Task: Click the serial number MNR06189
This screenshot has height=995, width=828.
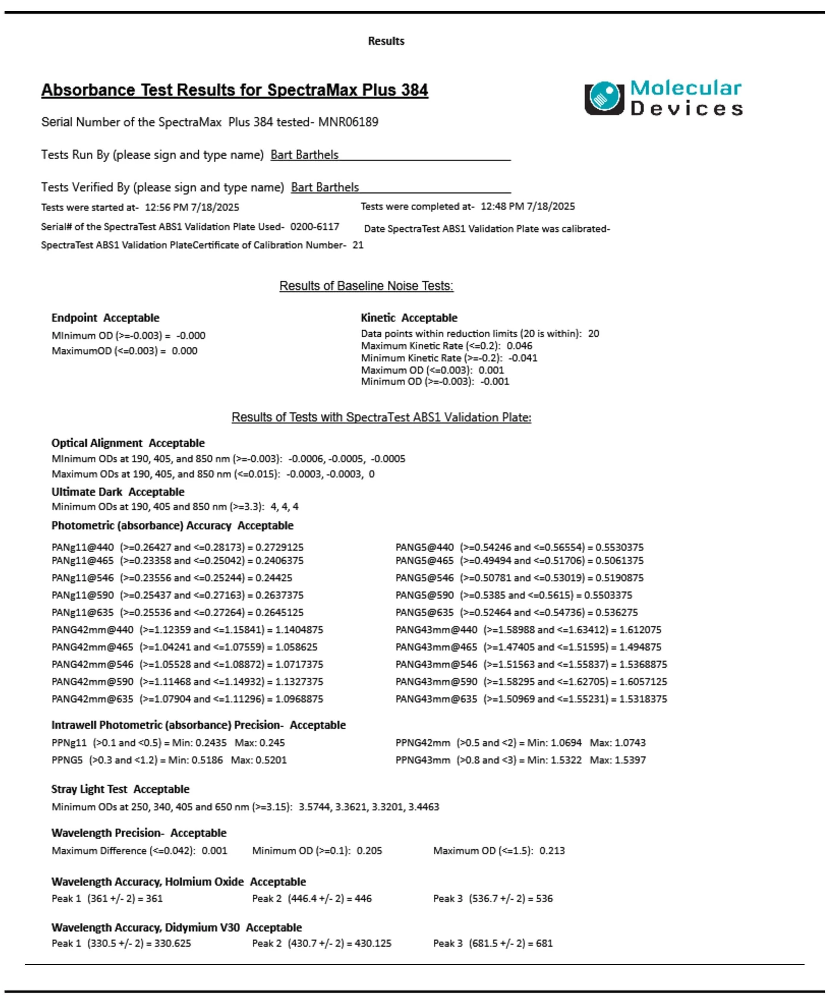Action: pos(348,122)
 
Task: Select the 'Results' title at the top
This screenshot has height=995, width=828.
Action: pos(386,41)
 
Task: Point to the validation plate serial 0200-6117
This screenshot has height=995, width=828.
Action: pos(314,227)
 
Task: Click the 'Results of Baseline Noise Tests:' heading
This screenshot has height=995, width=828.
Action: pos(366,286)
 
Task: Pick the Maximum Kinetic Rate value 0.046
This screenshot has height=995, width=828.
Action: pos(519,346)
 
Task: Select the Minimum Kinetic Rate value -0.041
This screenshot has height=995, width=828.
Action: pos(523,358)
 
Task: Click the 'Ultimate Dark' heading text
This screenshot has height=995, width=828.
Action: pos(87,492)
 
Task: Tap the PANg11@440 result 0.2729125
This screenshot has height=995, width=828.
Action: pos(279,547)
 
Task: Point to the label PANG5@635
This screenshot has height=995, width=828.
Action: pos(424,612)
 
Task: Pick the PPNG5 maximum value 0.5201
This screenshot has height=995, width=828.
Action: pos(271,760)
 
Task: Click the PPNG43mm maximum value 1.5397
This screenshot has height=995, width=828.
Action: pos(630,760)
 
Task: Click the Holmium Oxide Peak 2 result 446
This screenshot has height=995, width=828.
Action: pos(363,899)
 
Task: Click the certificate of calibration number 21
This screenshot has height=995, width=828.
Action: pos(358,245)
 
